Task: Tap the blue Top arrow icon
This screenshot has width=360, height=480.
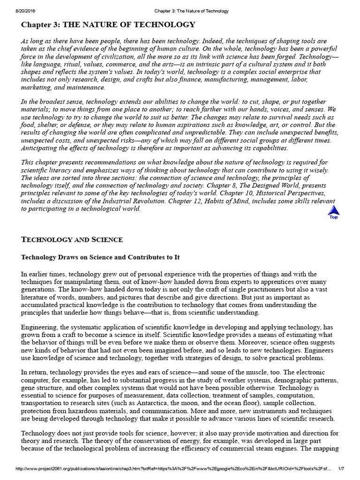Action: click(333, 212)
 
